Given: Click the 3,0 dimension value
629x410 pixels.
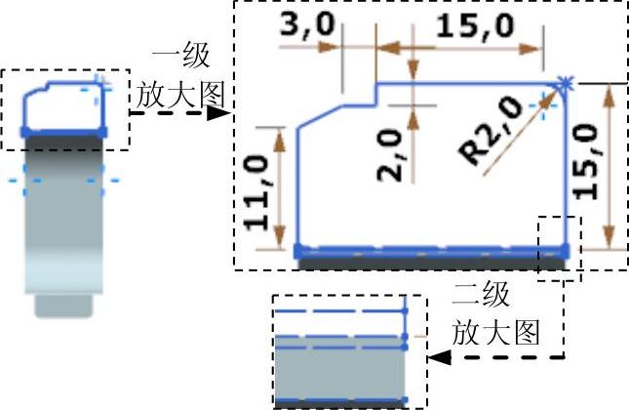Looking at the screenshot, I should tap(304, 27).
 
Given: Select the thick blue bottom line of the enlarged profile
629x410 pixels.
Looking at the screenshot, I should tap(429, 251).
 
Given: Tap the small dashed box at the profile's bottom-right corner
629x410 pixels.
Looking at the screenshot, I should tap(559, 249).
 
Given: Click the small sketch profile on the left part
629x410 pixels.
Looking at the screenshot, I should tap(62, 107).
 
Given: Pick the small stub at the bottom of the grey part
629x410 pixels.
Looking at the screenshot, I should tap(63, 307).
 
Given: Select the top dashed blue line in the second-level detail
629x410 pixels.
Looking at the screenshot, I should tap(339, 309).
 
